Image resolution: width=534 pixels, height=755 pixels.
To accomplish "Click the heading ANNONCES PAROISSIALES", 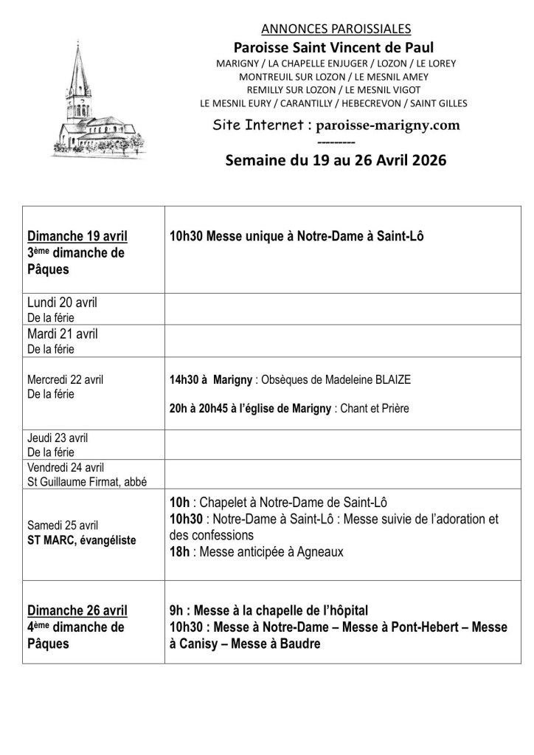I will click(336, 30).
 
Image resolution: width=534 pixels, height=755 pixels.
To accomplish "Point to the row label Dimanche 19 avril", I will click(77, 236).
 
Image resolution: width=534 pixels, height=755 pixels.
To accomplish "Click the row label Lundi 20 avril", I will click(62, 303).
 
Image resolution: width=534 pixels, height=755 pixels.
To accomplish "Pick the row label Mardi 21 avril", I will click(62, 334).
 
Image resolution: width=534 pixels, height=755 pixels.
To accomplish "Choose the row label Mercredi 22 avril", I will click(66, 380).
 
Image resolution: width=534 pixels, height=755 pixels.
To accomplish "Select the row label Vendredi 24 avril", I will click(66, 467).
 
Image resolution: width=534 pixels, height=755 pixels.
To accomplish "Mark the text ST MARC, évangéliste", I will click(82, 540).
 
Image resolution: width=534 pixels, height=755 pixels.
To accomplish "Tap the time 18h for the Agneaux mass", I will click(177, 551).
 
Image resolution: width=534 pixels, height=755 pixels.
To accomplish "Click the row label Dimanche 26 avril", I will click(77, 610).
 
